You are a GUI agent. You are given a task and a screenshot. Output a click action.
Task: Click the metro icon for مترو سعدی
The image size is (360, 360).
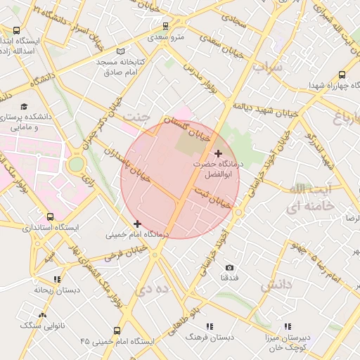pos(165,26)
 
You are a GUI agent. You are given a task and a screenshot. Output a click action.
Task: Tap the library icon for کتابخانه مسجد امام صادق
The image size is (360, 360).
pos(122,51)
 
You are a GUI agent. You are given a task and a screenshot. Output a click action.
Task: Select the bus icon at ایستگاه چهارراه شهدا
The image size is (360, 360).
pos(342,75)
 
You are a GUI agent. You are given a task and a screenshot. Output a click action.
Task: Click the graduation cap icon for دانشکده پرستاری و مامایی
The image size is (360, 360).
pos(25,107)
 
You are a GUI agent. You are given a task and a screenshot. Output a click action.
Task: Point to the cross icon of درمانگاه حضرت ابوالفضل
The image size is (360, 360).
pos(218,153)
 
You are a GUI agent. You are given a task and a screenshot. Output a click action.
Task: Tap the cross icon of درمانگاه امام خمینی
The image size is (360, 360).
pos(137,224)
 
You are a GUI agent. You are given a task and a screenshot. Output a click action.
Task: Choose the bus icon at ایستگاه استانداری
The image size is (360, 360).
pos(50,217)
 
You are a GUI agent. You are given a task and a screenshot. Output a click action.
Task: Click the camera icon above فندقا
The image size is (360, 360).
pos(229,267)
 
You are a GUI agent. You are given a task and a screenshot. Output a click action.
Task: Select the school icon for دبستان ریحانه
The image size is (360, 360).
pos(57,279)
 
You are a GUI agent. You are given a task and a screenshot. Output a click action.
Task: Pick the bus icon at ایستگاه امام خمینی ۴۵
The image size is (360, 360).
pos(116,330)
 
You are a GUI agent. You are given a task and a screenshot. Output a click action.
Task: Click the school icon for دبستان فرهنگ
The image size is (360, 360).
pos(210,326)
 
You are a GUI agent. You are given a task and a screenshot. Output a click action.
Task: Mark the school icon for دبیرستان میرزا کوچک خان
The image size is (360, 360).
pos(288,326)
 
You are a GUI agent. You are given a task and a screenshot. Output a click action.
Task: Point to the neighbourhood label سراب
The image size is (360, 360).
pos(267,67)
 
